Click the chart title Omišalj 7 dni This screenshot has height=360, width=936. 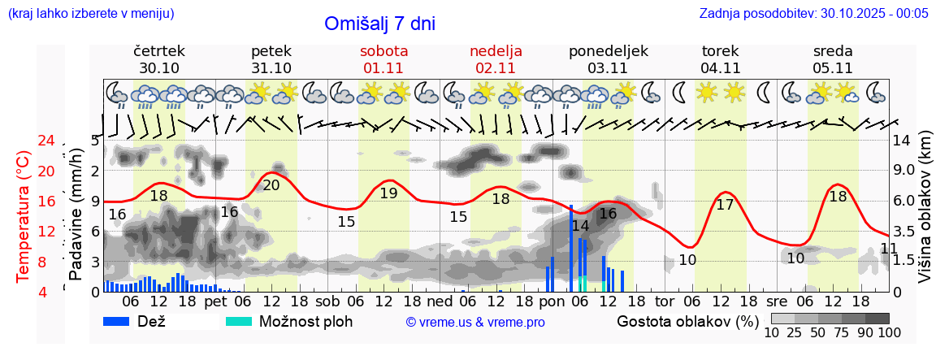click(x=379, y=24)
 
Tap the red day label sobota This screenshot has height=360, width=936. click(x=383, y=50)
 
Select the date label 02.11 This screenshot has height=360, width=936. click(x=496, y=68)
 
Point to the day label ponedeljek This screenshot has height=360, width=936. click(x=608, y=50)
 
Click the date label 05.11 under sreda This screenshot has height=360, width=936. click(x=833, y=68)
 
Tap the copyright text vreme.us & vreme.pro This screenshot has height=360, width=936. click(x=475, y=322)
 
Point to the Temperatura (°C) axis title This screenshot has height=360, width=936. click(x=24, y=215)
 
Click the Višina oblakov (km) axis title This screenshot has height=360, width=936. click(x=925, y=215)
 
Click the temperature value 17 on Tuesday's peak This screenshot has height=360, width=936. click(x=725, y=205)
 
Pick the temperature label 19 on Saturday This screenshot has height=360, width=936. click(x=388, y=193)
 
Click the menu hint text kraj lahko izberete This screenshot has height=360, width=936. click(x=91, y=14)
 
